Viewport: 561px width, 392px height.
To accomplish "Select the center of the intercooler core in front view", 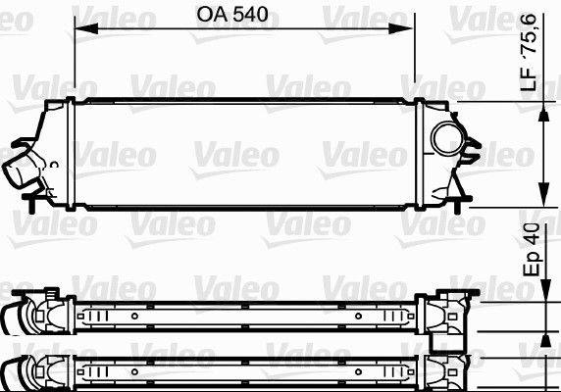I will [245, 155].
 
